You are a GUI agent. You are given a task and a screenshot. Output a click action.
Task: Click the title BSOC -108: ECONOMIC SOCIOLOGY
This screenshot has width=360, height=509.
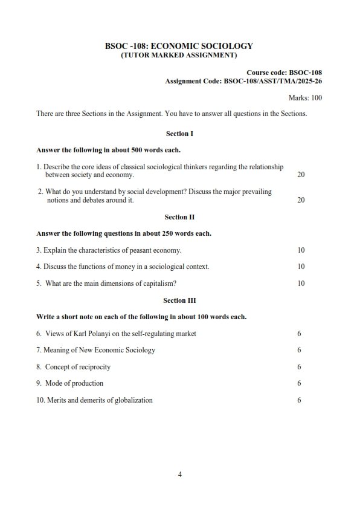coord(179,46)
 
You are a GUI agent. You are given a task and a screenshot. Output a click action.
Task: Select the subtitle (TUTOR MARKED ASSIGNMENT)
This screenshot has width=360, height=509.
coord(179,55)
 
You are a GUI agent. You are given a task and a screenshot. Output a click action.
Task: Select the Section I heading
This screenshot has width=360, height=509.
coord(179,134)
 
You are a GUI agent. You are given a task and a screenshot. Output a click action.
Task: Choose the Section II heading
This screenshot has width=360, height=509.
coord(179,216)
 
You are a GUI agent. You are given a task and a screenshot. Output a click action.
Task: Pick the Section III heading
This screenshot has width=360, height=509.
coord(179,300)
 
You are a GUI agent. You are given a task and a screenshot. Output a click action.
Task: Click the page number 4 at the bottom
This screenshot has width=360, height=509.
coord(179,474)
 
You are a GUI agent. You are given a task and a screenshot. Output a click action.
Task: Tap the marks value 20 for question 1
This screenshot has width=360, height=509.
coord(301,175)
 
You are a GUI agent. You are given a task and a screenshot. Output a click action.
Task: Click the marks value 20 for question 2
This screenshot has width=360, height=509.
coord(301,200)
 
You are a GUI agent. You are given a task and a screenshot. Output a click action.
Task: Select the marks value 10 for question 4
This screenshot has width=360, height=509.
coord(301,267)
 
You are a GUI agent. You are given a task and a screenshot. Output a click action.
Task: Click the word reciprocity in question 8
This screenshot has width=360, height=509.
coord(96,366)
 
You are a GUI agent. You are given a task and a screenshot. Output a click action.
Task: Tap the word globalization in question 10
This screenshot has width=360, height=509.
coord(132,400)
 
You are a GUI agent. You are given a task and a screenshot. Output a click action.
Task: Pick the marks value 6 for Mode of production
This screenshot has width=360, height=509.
coord(299,383)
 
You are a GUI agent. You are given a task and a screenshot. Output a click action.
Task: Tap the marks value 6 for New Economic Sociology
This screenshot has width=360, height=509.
coord(299,350)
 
